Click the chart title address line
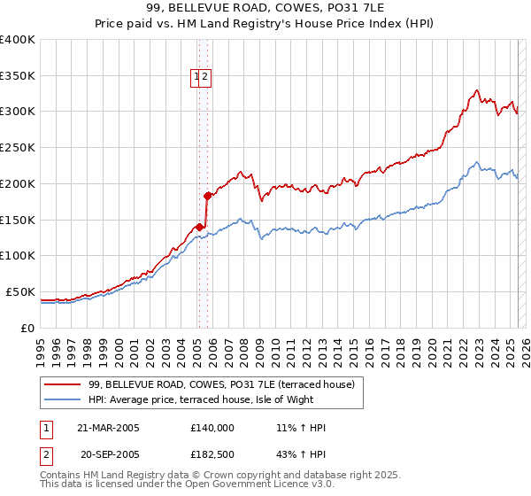click(x=265, y=8)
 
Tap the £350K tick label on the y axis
click(x=18, y=75)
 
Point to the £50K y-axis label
click(x=20, y=291)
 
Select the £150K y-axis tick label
click(x=18, y=220)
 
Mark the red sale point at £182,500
click(x=207, y=196)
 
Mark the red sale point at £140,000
click(x=199, y=226)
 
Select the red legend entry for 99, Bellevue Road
click(x=221, y=385)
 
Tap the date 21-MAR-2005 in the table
click(x=108, y=428)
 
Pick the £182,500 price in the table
click(x=212, y=454)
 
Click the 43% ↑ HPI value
click(x=301, y=454)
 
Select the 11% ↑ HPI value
click(x=301, y=428)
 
